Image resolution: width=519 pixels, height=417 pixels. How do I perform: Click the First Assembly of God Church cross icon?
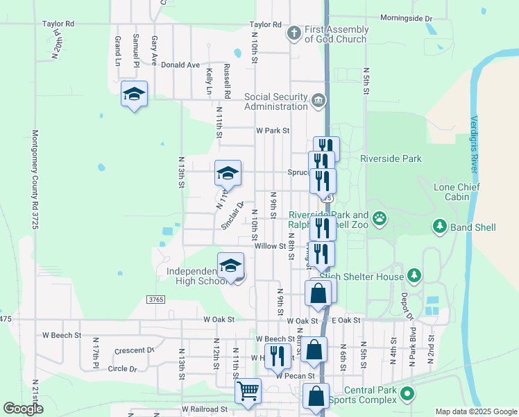293,32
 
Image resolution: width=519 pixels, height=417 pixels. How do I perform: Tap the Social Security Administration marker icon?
318,101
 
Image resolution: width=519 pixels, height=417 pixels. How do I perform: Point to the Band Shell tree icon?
439,226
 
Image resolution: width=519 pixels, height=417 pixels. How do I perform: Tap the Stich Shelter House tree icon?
414,276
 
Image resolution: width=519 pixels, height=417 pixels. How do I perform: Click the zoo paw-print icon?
380,220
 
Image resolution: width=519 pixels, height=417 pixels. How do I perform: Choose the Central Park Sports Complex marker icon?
407,394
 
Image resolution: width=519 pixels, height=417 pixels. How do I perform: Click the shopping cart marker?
248,391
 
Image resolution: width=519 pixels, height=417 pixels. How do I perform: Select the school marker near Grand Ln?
134,95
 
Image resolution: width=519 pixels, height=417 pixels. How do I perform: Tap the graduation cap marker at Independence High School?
230,265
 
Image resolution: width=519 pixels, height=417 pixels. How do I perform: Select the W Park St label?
272,130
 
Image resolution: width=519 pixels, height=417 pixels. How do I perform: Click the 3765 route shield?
155,299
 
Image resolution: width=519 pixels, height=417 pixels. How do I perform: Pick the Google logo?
24,409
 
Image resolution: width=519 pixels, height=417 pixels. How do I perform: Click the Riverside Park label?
391,159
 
